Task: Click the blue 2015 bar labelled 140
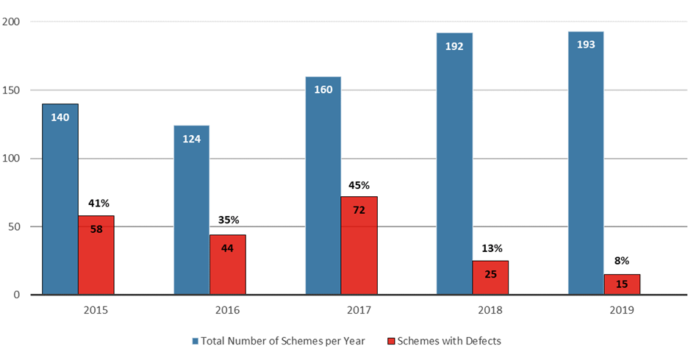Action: (x=60, y=198)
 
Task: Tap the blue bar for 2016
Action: (x=191, y=209)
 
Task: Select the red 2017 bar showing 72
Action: (x=359, y=245)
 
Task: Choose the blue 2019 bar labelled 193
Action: (x=586, y=162)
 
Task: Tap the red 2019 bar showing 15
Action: (x=622, y=284)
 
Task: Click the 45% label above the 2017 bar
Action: (x=359, y=185)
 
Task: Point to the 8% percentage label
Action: (x=622, y=260)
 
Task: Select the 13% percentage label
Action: (x=490, y=248)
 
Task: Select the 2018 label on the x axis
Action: (x=490, y=310)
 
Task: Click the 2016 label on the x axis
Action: (x=228, y=310)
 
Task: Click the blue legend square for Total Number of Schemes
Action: (x=196, y=341)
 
